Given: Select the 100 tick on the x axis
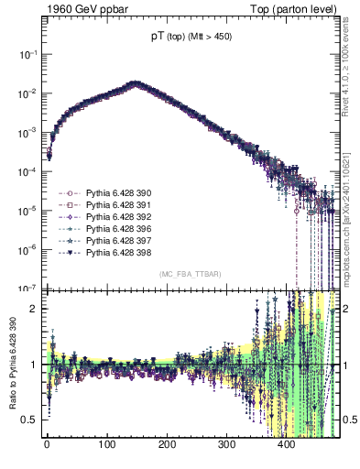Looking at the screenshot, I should click(106, 447).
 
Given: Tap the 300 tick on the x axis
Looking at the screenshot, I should click(226, 447).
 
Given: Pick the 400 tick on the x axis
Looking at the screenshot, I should click(286, 447).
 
